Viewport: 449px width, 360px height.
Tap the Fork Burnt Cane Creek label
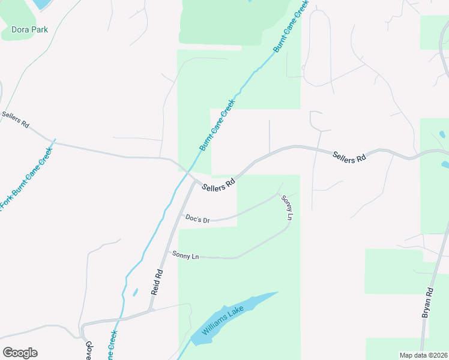tap(25, 177)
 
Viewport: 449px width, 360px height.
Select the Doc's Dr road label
tap(197, 219)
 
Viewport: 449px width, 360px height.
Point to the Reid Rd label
tap(157, 281)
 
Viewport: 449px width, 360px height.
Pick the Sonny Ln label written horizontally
tap(185, 256)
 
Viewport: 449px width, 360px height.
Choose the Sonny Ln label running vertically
tap(286, 208)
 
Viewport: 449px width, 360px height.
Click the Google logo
tap(20, 353)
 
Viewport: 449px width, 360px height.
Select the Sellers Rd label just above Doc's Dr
tap(218, 185)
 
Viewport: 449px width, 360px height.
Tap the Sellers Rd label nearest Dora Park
tap(16, 119)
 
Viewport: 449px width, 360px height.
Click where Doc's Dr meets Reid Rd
tap(181, 215)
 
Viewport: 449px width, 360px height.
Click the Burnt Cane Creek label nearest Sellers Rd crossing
tap(215, 130)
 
